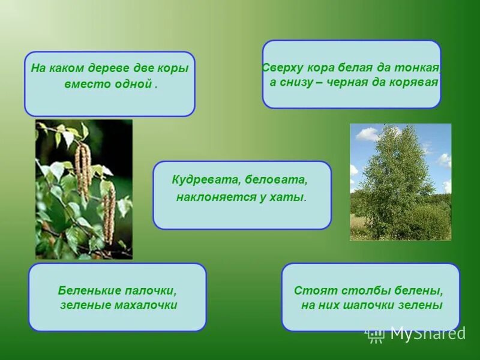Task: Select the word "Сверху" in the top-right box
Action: [282, 67]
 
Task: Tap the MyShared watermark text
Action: [427, 334]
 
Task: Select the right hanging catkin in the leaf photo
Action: [109, 213]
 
